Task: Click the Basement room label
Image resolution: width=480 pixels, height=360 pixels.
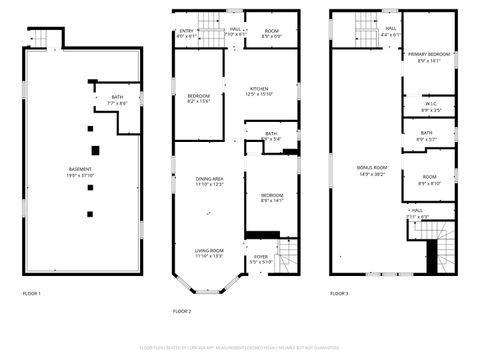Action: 81,171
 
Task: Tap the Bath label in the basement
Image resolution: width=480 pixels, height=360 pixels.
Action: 118,100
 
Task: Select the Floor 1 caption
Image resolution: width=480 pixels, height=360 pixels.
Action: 32,293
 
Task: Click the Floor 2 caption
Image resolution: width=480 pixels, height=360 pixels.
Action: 181,311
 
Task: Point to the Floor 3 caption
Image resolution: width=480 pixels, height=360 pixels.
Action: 339,293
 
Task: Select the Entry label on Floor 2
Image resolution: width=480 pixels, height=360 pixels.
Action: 187,33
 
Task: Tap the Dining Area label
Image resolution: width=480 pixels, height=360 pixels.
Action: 209,181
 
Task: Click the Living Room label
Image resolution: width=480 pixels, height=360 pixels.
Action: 209,253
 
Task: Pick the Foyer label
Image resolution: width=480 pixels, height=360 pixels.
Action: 261,259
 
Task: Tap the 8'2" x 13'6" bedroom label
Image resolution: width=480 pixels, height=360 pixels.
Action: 199,98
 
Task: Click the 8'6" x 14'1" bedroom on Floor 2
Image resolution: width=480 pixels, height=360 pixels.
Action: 272,197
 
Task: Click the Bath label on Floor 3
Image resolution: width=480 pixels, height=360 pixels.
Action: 427,136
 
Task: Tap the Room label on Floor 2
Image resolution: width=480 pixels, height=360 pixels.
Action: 271,33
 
